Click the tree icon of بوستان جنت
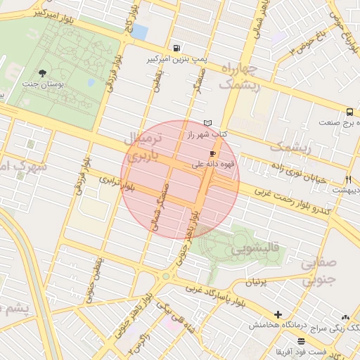[x=43, y=72]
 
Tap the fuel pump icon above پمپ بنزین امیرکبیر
[x=175, y=48]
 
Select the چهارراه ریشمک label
[x=240, y=77]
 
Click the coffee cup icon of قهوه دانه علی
[x=212, y=153]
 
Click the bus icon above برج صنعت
[x=349, y=112]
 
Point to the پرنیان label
[x=257, y=281]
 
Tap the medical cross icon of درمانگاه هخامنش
[x=278, y=315]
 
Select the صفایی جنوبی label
[x=319, y=272]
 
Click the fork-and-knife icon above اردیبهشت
[x=348, y=179]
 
